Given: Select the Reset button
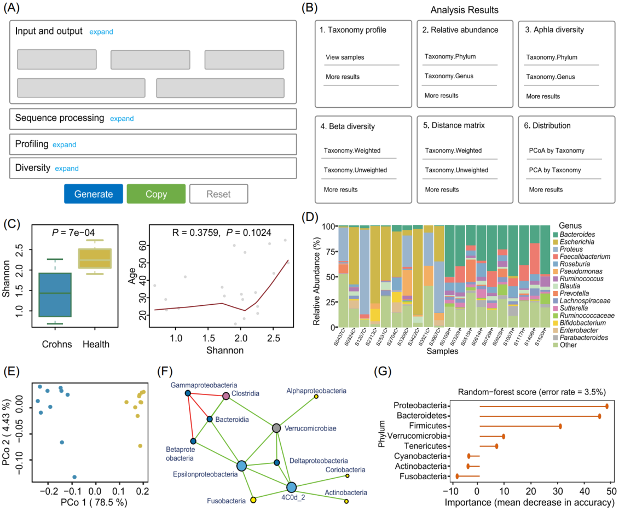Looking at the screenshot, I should click(218, 194).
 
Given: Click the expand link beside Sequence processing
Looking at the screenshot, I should click(122, 119).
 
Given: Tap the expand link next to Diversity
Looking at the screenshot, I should click(67, 169).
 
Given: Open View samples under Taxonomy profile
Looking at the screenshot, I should click(345, 57).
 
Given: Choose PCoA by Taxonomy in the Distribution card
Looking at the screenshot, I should click(557, 150).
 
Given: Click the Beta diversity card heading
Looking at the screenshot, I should click(348, 126).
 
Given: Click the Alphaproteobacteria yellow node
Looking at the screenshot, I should click(316, 397).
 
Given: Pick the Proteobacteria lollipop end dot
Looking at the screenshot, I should click(607, 406).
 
